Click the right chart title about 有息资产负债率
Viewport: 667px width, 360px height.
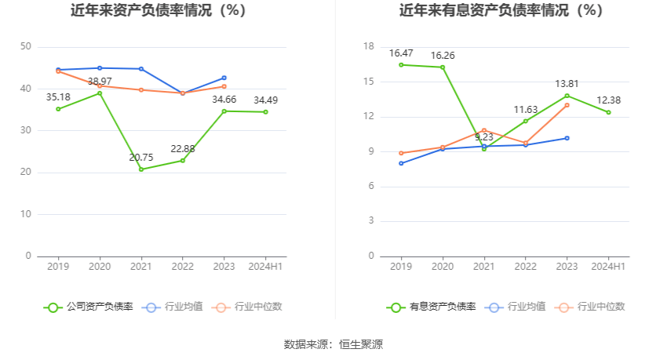(x=501, y=11)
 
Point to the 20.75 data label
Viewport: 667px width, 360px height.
(x=142, y=158)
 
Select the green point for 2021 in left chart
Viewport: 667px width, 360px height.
(x=141, y=169)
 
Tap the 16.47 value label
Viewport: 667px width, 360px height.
(x=401, y=53)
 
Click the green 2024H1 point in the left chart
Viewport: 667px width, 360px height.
(x=265, y=112)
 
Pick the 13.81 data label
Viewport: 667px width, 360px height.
(x=567, y=83)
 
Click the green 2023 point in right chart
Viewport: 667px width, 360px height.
(x=567, y=96)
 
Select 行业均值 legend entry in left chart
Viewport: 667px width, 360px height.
(x=173, y=307)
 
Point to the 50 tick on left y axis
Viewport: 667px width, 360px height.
(x=26, y=47)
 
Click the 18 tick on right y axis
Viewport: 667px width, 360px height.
(x=369, y=47)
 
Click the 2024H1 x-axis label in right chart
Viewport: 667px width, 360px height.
(x=608, y=267)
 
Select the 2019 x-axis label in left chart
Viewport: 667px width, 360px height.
(x=58, y=267)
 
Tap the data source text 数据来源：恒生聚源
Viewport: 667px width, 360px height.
(x=333, y=344)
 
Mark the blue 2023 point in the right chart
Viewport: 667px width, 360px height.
(x=567, y=138)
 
